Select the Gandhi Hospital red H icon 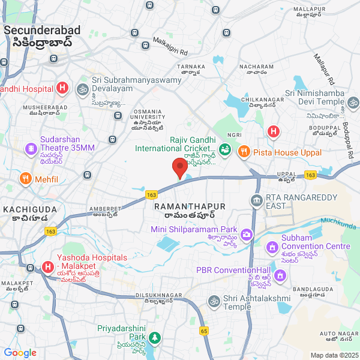tap(61, 89)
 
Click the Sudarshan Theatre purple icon tap(29, 148)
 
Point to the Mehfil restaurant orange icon tap(25, 179)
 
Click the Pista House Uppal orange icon tap(244, 152)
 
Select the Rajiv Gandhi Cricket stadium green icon tap(225, 149)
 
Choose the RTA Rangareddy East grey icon tap(257, 200)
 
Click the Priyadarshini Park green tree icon tap(155, 338)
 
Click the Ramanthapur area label tap(190, 206)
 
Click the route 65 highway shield tap(204, 331)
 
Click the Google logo tap(20, 353)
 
